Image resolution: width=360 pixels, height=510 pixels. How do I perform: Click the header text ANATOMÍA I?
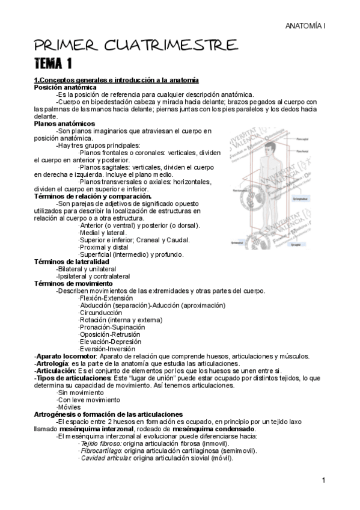coord(305,27)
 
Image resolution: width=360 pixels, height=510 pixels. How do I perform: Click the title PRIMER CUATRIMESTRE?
coord(135,45)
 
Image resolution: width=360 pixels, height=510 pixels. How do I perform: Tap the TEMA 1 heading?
coord(53,63)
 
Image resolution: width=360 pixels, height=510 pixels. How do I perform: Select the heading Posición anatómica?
coord(65,87)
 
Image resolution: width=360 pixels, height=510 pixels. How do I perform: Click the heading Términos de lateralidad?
coord(72,262)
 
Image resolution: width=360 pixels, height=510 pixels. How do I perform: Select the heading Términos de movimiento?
coord(73,283)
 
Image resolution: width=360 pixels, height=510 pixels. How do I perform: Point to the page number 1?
coord(323,481)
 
